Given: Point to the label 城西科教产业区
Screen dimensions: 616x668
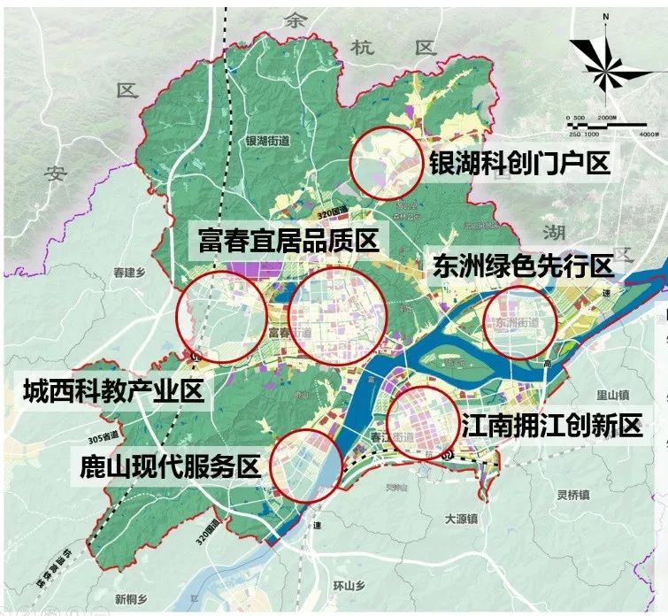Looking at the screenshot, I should (x=114, y=389).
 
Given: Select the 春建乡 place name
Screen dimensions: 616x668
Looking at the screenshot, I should (x=129, y=273).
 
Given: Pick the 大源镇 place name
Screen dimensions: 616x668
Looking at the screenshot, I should (x=461, y=518).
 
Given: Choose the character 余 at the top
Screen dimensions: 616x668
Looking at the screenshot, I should (x=293, y=20).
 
